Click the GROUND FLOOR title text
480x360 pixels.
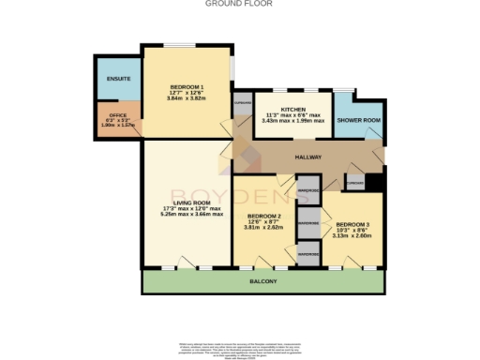tap(239, 4)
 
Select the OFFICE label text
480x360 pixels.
tap(117, 115)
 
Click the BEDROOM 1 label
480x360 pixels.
tap(187, 88)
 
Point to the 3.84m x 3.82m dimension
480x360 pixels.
tap(187, 99)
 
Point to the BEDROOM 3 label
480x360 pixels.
tap(354, 224)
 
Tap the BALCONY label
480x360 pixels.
tap(262, 281)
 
